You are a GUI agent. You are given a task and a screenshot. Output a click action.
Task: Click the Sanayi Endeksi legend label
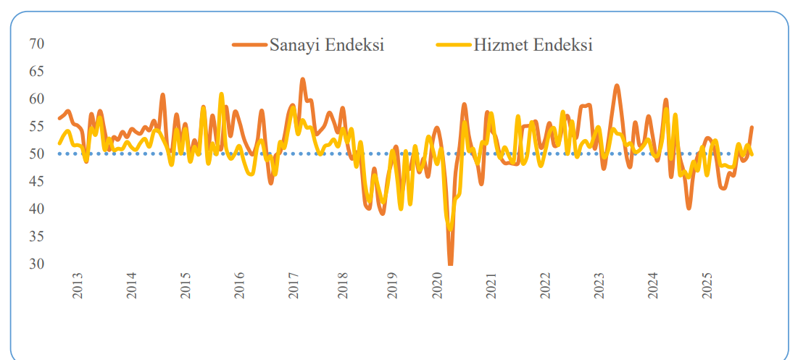click(x=326, y=45)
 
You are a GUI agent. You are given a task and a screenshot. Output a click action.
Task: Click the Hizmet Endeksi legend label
click(x=533, y=45)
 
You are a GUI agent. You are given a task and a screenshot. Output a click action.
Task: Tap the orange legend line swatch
click(x=249, y=45)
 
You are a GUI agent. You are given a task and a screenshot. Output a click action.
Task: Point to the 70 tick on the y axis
click(x=37, y=44)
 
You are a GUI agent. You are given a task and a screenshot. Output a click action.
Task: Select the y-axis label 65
click(x=37, y=72)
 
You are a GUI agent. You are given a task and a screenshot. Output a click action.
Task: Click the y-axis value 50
click(x=37, y=154)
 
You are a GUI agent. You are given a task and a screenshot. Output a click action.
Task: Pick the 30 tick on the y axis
click(x=37, y=264)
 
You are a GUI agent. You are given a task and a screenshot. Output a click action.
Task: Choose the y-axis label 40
click(x=37, y=209)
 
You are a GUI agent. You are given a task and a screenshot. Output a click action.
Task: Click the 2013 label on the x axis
click(x=78, y=286)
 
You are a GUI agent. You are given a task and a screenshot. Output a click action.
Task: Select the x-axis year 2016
click(x=240, y=286)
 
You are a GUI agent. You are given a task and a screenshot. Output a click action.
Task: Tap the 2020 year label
click(x=437, y=286)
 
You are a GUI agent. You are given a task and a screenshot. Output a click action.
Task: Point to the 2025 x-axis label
click(x=707, y=286)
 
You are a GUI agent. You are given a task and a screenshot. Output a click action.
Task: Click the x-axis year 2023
click(x=599, y=286)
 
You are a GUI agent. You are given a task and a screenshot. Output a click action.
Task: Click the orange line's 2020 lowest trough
click(x=450, y=264)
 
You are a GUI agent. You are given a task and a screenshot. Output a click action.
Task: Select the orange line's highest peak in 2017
click(x=302, y=79)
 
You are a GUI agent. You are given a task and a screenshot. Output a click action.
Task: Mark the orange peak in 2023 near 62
click(x=617, y=85)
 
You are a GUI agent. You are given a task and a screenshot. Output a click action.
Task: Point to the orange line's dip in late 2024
click(x=689, y=208)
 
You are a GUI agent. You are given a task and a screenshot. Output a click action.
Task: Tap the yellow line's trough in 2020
click(x=451, y=229)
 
